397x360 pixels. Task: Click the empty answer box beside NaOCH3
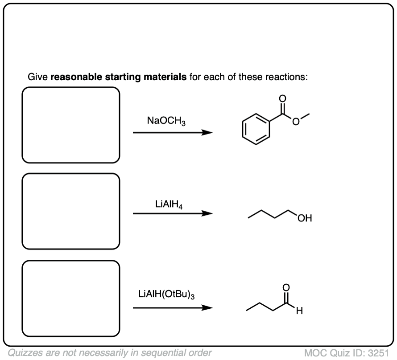71,125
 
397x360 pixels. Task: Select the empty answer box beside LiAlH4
71,211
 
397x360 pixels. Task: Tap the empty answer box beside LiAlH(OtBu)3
71,299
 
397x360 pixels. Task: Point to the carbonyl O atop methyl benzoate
281,98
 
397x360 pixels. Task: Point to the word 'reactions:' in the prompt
285,77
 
